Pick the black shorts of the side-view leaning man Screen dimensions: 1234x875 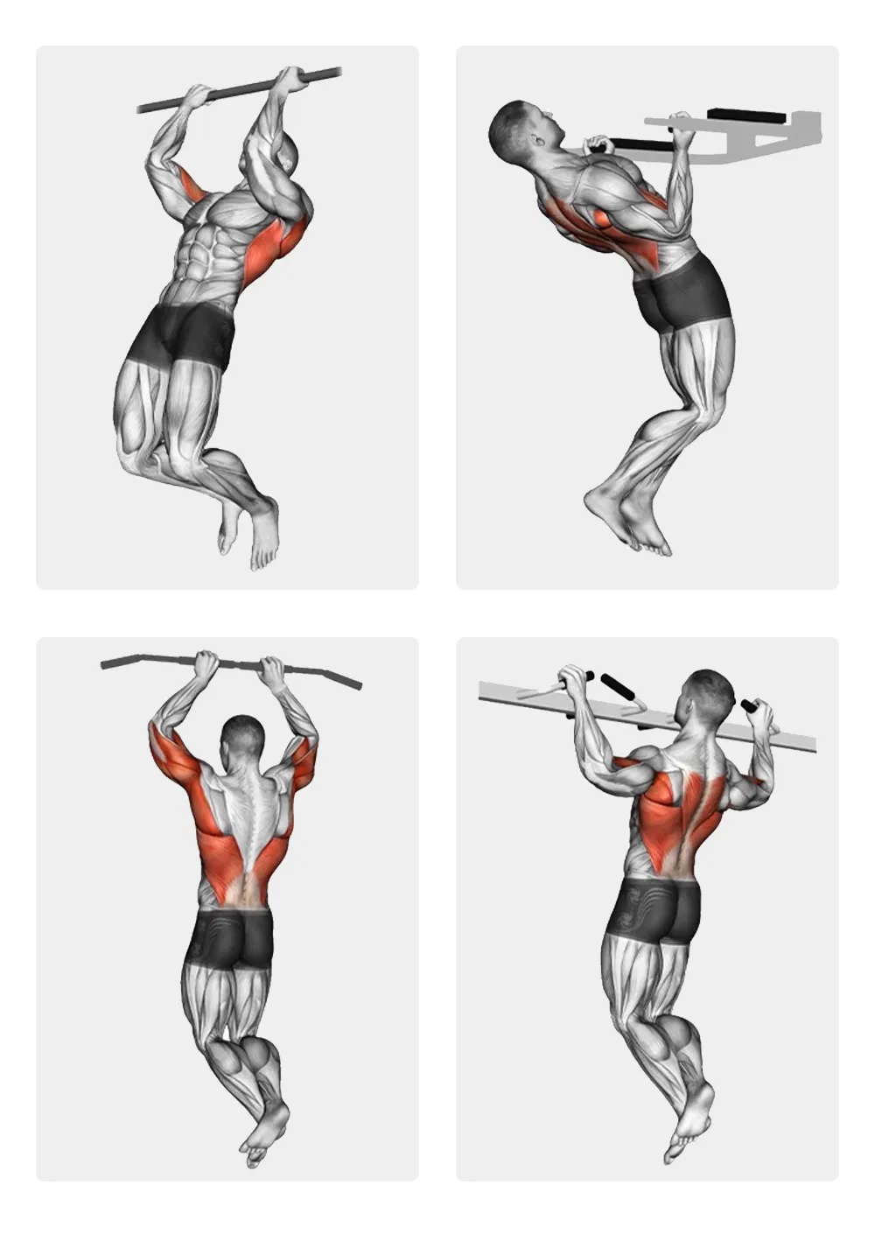pyautogui.click(x=682, y=293)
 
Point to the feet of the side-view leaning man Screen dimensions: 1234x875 pyautogui.click(x=626, y=521)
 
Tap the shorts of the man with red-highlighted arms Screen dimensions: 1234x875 pyautogui.click(x=234, y=938)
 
